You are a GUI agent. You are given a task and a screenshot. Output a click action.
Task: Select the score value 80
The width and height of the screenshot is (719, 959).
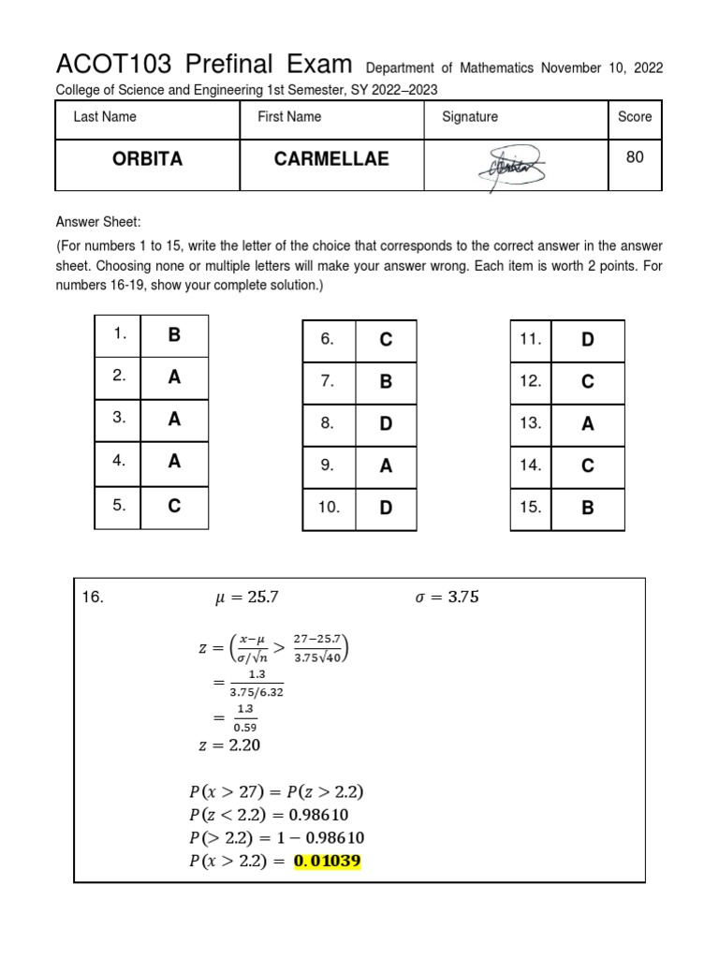[x=635, y=157]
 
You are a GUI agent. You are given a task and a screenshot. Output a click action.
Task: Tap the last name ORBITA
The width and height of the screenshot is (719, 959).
[x=147, y=159]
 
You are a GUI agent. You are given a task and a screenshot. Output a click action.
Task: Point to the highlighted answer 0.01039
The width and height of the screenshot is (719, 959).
[x=327, y=861]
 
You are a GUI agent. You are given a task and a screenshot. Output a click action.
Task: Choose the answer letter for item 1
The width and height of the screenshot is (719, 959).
[x=174, y=334]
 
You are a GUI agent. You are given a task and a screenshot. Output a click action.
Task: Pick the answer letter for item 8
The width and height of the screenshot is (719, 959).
[x=385, y=423]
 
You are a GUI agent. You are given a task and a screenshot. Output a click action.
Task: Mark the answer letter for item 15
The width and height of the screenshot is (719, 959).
[x=588, y=508]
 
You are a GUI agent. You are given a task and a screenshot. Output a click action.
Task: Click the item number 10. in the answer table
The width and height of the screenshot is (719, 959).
[x=329, y=507]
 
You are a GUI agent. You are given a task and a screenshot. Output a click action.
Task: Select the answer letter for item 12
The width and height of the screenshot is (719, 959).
[x=588, y=381]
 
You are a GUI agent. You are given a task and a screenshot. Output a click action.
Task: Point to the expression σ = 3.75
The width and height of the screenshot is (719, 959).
[x=446, y=598]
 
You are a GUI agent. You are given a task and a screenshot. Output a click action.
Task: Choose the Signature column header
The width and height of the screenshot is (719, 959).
[x=469, y=117]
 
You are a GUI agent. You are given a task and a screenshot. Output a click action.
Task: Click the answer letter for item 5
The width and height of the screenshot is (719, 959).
[x=174, y=506]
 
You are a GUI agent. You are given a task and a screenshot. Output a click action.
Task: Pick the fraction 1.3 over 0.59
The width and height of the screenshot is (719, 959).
[x=245, y=718]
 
